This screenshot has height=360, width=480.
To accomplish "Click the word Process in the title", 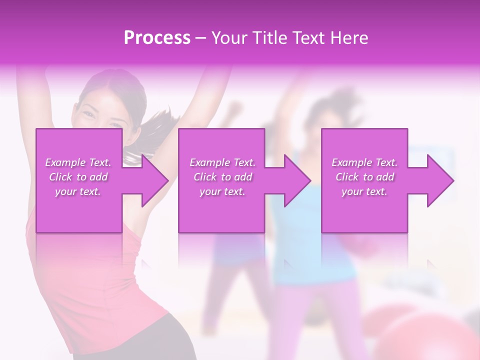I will pos(157,38).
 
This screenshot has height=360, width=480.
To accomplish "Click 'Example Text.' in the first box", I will pos(78,162).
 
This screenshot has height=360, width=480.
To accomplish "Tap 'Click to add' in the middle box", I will pos(222,177).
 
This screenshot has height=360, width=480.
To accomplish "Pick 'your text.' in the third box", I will pos(364,191).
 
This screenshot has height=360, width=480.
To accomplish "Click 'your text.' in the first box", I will pos(78,191).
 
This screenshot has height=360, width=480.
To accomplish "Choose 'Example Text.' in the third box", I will pos(364,162).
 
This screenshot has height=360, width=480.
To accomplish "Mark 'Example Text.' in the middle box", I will pos(222,162).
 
